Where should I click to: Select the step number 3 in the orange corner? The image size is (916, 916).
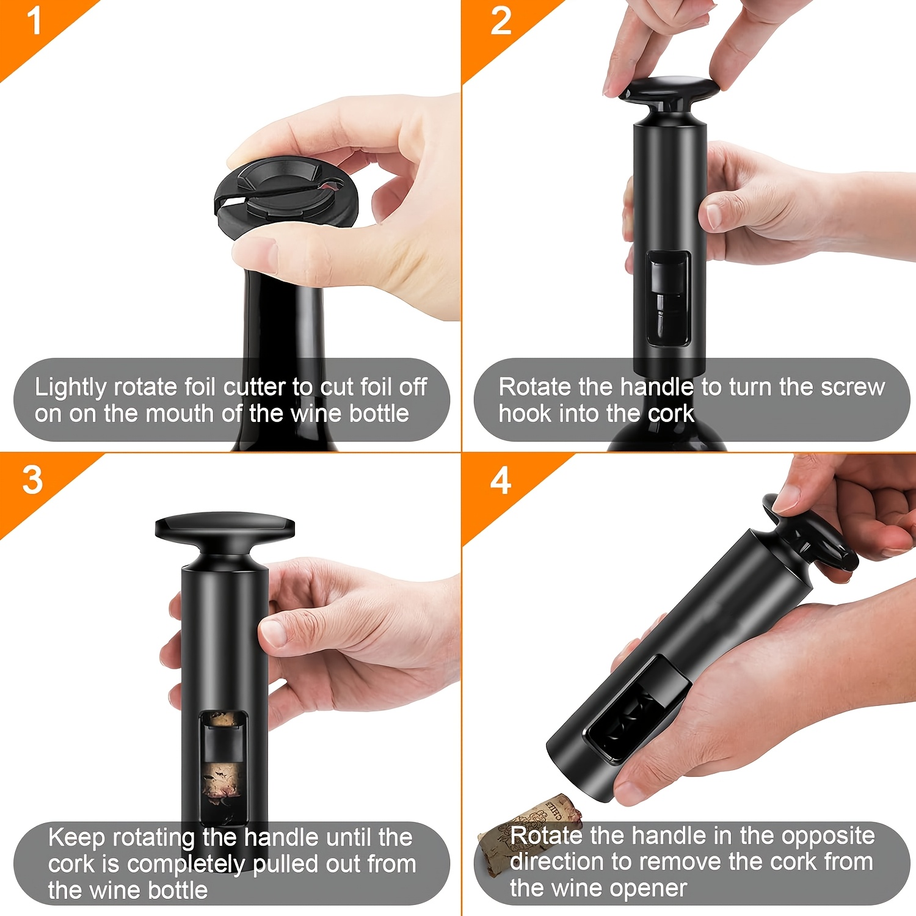(x=32, y=480)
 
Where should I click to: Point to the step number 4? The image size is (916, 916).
(x=501, y=481)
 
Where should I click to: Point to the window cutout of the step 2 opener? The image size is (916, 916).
(x=668, y=299)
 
